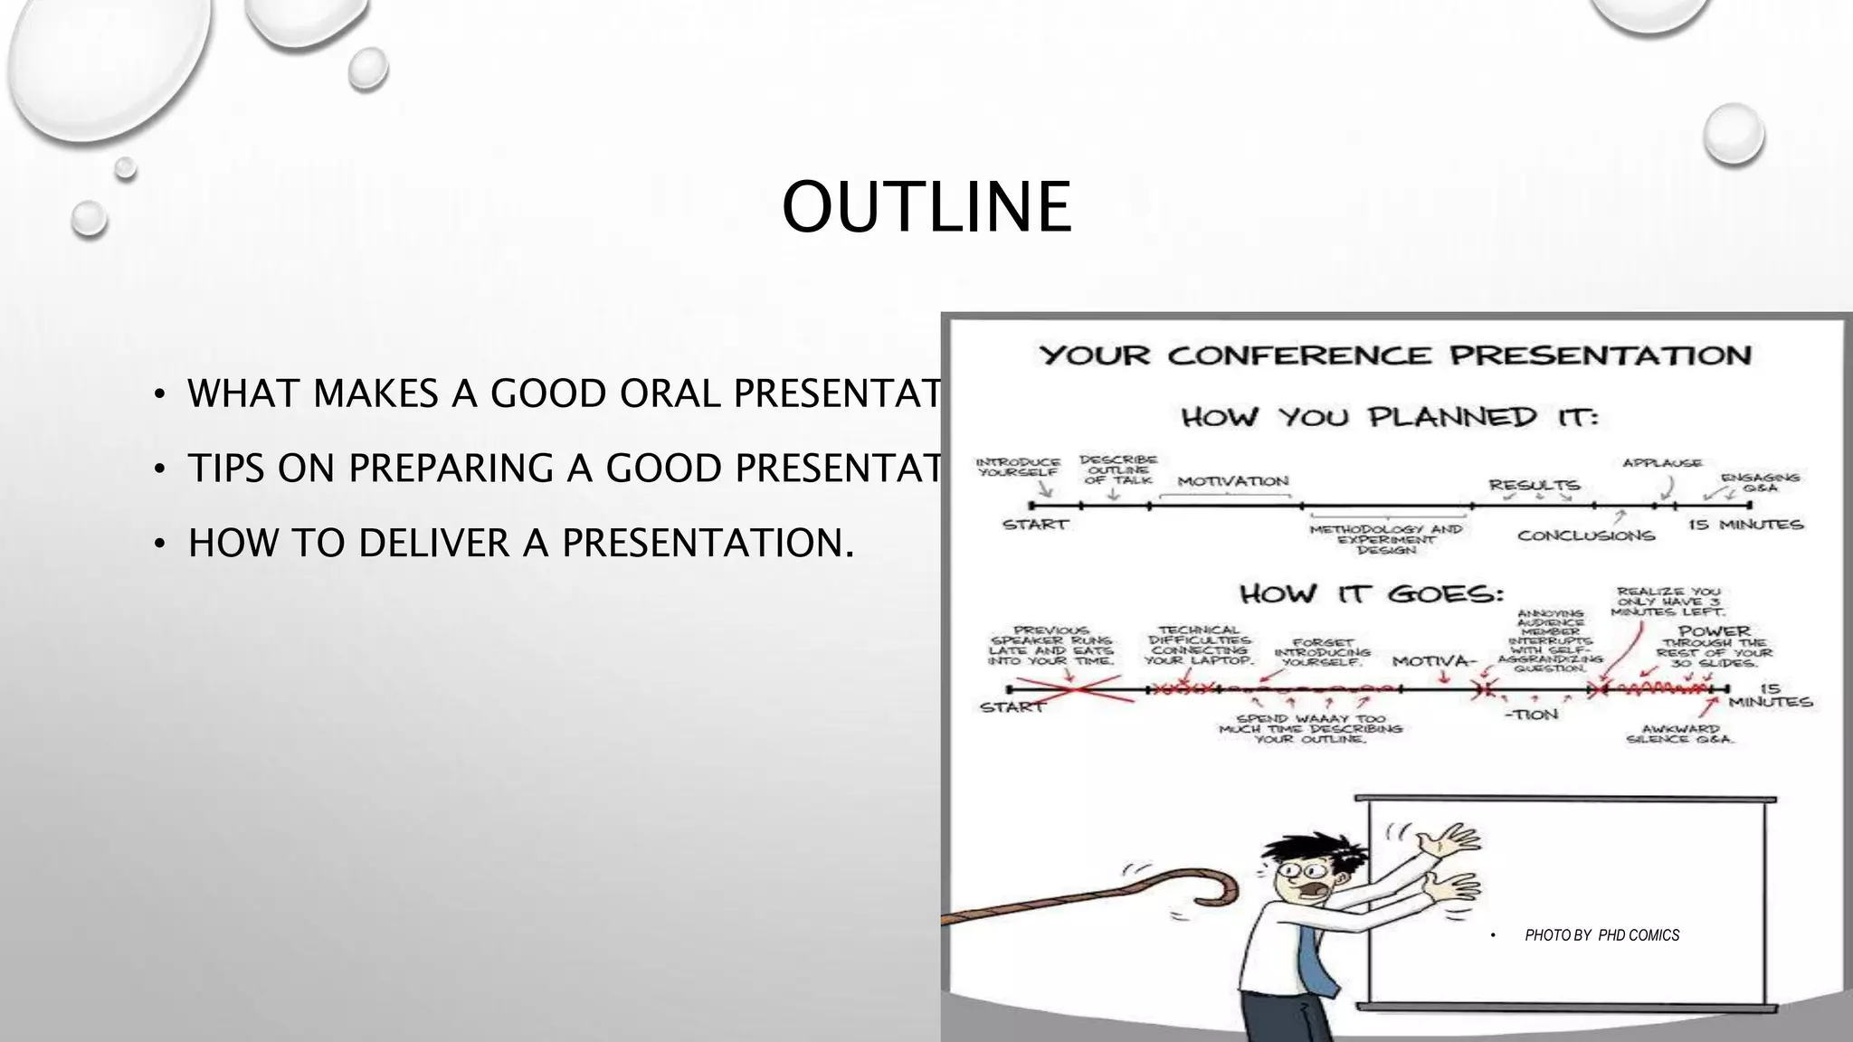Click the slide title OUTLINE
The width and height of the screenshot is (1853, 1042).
tap(926, 207)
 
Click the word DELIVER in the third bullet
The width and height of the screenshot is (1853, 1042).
tap(433, 544)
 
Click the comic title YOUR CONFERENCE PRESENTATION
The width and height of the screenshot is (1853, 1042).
tap(1394, 355)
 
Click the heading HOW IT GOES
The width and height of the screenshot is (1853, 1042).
tap(1371, 594)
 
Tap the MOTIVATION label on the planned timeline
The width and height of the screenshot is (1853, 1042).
tap(1232, 481)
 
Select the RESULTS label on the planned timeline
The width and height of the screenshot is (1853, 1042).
tap(1535, 485)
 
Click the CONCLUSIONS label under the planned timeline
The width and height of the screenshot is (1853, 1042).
tap(1586, 535)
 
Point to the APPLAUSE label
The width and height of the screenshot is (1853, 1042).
tap(1661, 463)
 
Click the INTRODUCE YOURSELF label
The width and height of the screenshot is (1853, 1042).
tap(1018, 467)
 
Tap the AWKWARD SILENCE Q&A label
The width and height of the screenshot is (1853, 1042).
tap(1679, 734)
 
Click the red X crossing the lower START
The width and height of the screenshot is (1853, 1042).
tap(1074, 690)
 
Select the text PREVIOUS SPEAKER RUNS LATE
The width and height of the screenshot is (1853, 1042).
tap(1050, 645)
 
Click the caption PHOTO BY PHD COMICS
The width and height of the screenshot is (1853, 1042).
tap(1601, 935)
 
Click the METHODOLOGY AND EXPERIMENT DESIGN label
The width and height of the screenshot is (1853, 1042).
tap(1385, 539)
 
